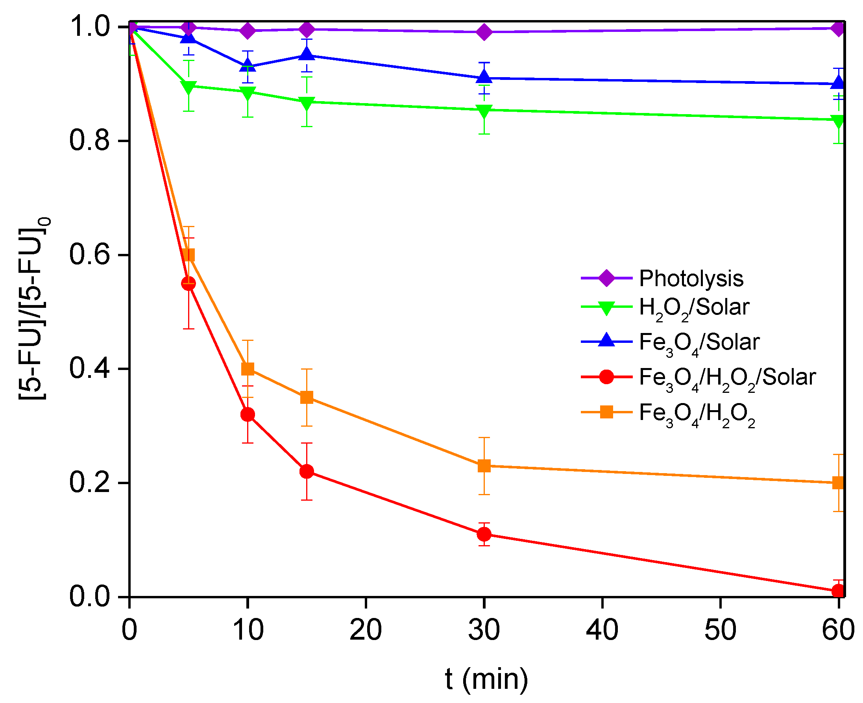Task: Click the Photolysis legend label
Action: click(691, 279)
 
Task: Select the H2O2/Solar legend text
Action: click(693, 308)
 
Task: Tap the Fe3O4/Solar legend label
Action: click(699, 343)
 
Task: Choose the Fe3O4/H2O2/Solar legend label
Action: click(726, 378)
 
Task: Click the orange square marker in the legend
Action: click(606, 413)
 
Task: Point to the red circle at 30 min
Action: click(484, 535)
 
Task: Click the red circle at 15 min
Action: click(307, 472)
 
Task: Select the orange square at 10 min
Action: click(247, 369)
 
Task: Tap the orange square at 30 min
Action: click(484, 466)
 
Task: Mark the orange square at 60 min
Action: click(838, 483)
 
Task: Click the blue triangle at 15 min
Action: click(307, 54)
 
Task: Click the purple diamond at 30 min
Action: click(484, 31)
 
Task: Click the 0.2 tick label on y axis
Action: click(89, 483)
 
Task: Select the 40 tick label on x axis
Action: click(602, 630)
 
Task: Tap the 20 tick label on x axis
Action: click(366, 630)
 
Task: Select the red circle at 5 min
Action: click(188, 283)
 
